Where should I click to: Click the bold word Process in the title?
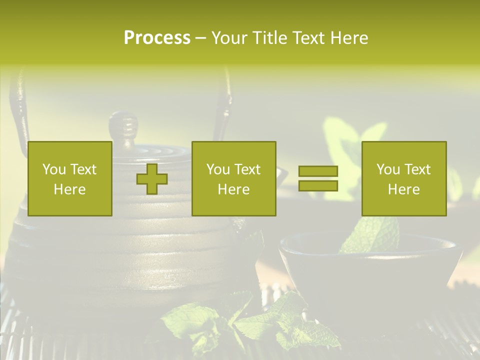(157, 38)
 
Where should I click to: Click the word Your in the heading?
(228, 38)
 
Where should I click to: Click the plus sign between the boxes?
(152, 179)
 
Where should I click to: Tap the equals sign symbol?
(318, 178)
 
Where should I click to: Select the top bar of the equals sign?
(318, 171)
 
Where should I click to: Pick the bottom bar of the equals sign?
(318, 186)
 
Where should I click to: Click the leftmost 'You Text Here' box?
(70, 178)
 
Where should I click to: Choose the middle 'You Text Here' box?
(234, 178)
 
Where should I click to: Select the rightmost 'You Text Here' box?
(404, 178)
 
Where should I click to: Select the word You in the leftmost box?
(53, 169)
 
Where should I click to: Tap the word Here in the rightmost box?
(404, 189)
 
